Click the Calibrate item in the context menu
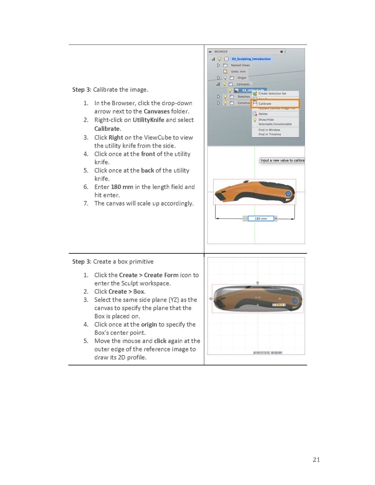click(x=265, y=104)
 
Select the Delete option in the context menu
click(x=263, y=114)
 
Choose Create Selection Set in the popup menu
click(x=272, y=94)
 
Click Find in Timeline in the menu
click(x=269, y=134)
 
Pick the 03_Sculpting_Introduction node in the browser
click(x=251, y=59)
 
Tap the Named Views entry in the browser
click(x=240, y=65)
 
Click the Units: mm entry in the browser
click(x=238, y=71)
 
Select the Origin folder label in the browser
click(x=242, y=78)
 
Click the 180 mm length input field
click(x=261, y=219)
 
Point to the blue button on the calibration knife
click(x=289, y=195)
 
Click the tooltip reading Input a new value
click(x=282, y=160)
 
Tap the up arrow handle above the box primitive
click(x=258, y=283)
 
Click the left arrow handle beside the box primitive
click(x=211, y=299)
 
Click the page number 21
click(x=316, y=459)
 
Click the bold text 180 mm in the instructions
click(x=122, y=187)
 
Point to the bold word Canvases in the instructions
click(x=153, y=111)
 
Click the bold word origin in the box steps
click(x=149, y=325)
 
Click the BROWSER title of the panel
click(x=221, y=52)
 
